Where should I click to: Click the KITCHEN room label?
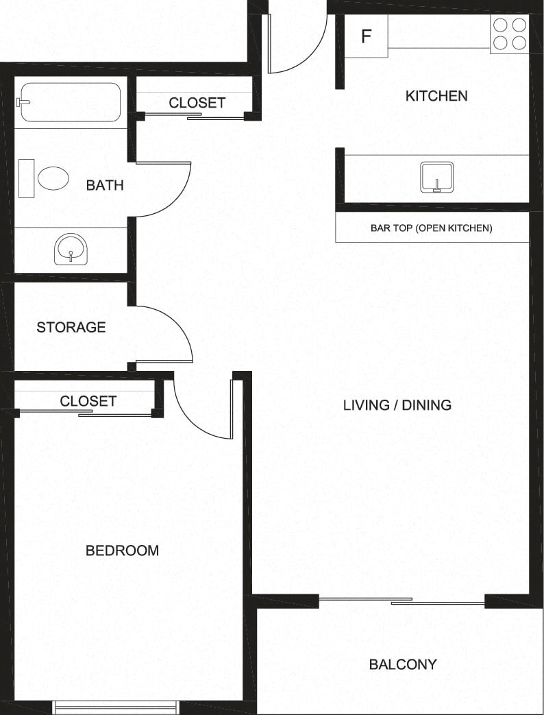[x=436, y=96]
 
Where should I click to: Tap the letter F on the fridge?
[x=366, y=36]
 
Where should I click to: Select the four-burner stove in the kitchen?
[x=510, y=34]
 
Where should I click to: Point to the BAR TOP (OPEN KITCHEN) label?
[x=431, y=228]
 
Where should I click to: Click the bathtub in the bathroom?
[x=70, y=102]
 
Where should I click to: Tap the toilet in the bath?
[x=44, y=178]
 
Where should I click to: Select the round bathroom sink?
[x=71, y=249]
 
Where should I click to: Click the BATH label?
[x=105, y=185]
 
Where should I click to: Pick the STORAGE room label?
[x=71, y=327]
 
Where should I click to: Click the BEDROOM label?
[x=122, y=550]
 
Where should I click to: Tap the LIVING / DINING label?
[x=397, y=405]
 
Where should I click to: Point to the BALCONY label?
[x=403, y=664]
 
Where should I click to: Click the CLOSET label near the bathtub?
[x=197, y=103]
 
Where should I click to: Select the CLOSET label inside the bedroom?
[x=88, y=401]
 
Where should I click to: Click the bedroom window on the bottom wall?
[x=116, y=707]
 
